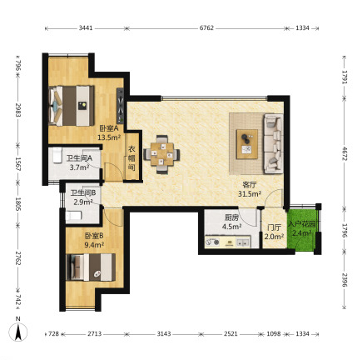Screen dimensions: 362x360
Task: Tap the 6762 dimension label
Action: pyautogui.click(x=206, y=28)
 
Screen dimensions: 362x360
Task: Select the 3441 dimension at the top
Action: pyautogui.click(x=86, y=28)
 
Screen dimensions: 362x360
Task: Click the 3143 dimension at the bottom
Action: pyautogui.click(x=164, y=333)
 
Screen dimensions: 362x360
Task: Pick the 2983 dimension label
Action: pyautogui.click(x=18, y=111)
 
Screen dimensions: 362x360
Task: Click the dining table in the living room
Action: pyautogui.click(x=162, y=154)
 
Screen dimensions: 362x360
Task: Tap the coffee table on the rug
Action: pyautogui.click(x=247, y=144)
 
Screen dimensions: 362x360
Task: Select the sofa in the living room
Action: pyautogui.click(x=273, y=143)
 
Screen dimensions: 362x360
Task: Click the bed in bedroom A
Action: pyautogui.click(x=72, y=106)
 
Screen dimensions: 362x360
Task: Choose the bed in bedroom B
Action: pyautogui.click(x=91, y=267)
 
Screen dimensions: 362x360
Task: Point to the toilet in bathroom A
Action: pyautogui.click(x=57, y=155)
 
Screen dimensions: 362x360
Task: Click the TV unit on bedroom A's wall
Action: pyautogui.click(x=121, y=106)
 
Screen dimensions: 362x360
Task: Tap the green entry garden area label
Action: pyautogui.click(x=301, y=228)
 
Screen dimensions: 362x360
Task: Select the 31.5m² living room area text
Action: pyautogui.click(x=250, y=194)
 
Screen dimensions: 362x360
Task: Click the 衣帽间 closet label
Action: pyautogui.click(x=131, y=158)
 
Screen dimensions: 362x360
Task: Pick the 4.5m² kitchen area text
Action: pyautogui.click(x=231, y=227)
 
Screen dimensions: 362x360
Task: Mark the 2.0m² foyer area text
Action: pyautogui.click(x=274, y=237)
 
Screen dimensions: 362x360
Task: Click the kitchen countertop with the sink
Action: pyautogui.click(x=228, y=242)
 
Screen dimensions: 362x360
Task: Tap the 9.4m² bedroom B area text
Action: pyautogui.click(x=94, y=245)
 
